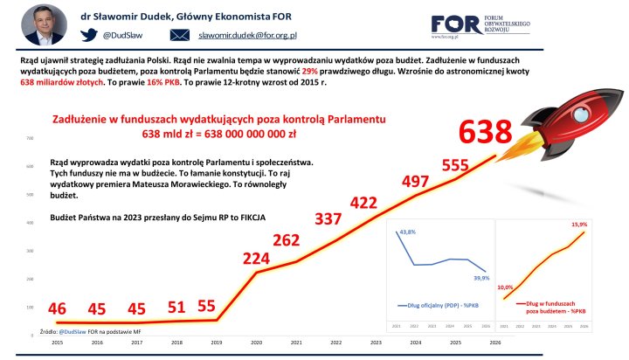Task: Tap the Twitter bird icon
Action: tap(90, 35)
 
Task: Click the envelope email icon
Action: tap(179, 35)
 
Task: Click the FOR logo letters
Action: tap(454, 24)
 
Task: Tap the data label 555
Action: tap(456, 165)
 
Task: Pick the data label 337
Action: tap(329, 218)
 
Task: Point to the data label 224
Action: tap(257, 259)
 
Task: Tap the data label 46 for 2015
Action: tap(58, 308)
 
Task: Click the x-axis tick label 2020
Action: tap(257, 344)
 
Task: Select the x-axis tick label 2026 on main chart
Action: tap(495, 344)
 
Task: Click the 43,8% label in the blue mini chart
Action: tap(407, 233)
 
